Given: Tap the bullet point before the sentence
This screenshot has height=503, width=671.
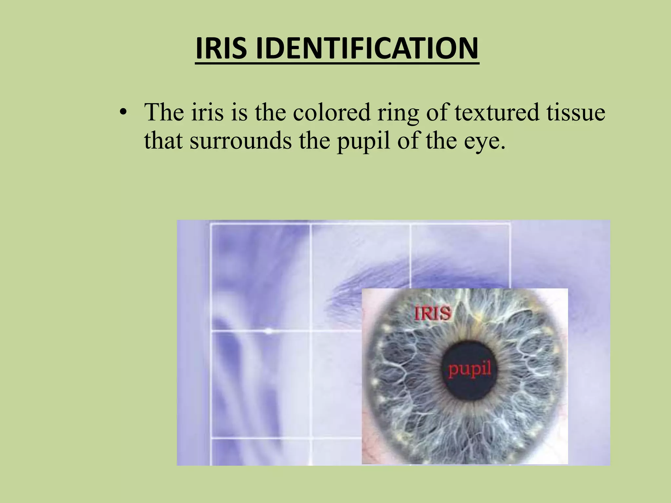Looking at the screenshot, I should pos(123,112).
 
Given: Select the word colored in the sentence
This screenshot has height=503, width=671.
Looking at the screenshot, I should pos(331,112).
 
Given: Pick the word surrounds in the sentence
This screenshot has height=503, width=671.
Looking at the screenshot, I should pos(240,141).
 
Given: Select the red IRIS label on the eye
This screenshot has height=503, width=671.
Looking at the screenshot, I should pos(432,313).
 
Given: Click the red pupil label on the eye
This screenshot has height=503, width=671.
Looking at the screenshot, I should pos(470,370).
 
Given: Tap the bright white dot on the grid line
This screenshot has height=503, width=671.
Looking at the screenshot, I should pos(268,331).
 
